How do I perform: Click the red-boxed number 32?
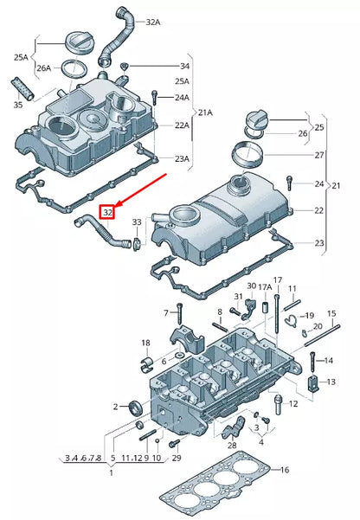coord(108,211)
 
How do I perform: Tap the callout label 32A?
coord(152,21)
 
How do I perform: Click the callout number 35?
coord(18,106)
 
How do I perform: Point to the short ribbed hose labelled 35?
coord(22,87)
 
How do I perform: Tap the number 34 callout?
coord(183,67)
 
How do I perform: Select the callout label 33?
coord(137,224)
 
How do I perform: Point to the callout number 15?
coord(330,314)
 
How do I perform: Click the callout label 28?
coord(231,446)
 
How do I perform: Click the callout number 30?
coord(251,286)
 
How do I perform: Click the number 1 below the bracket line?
coord(110,473)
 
